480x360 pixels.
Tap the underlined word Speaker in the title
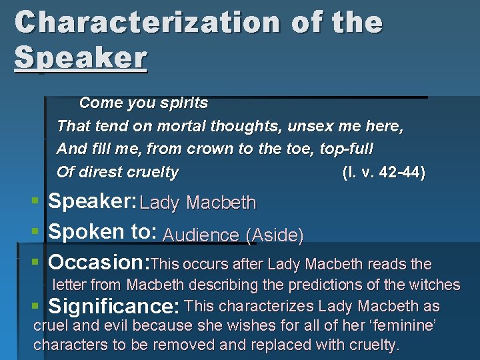coord(80,58)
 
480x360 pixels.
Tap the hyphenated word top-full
coord(346,149)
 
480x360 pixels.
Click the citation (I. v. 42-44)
coord(383,172)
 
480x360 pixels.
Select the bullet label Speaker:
coord(93,201)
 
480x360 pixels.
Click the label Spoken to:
coord(103,232)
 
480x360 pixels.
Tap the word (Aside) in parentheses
coord(275,235)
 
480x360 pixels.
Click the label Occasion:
coord(101,262)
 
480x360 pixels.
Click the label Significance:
coord(115,307)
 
